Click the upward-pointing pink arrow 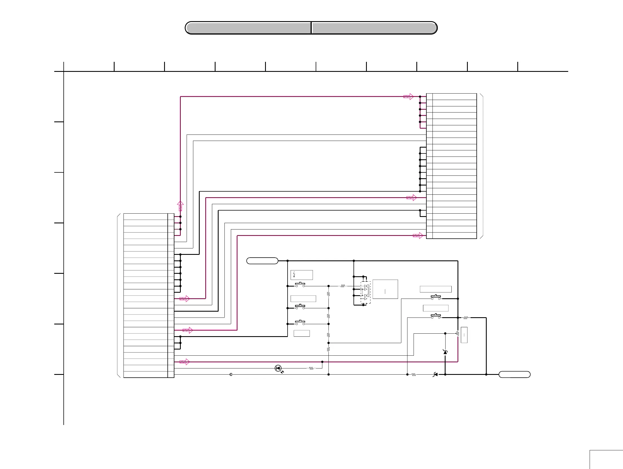[x=180, y=206]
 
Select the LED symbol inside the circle [x=278, y=368]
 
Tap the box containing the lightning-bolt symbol [x=302, y=275]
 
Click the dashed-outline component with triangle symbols [x=365, y=292]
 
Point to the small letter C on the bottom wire [x=231, y=375]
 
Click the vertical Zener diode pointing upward [x=445, y=352]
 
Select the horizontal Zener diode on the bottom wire [x=436, y=375]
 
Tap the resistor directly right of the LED [x=311, y=368]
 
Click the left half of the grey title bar [x=248, y=28]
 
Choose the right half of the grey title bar [x=374, y=28]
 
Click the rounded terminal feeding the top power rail [x=262, y=261]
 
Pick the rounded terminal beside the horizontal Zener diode [x=514, y=375]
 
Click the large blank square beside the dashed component [x=385, y=289]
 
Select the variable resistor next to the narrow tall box [x=458, y=334]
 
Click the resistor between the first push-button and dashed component [x=342, y=286]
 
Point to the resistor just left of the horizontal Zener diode [x=414, y=375]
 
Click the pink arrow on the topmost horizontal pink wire [x=408, y=96]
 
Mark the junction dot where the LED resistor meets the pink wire [x=322, y=362]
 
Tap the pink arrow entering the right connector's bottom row [x=418, y=236]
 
